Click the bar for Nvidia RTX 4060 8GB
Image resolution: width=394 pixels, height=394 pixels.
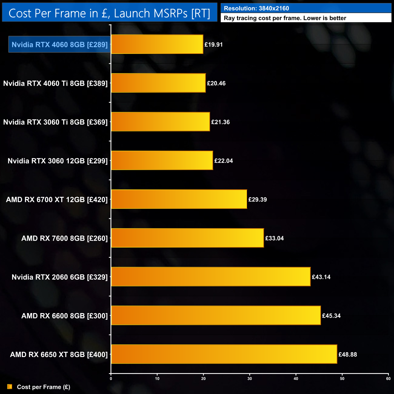157,44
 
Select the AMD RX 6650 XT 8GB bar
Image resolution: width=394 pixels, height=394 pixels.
224,354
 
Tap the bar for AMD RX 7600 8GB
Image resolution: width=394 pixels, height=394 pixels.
187,238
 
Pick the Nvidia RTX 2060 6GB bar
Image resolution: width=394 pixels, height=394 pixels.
211,277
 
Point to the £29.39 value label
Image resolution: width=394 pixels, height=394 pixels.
258,199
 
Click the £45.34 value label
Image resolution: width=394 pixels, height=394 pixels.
331,316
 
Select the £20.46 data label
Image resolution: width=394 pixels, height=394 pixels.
216,83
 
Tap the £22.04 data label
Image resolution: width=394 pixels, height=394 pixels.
224,161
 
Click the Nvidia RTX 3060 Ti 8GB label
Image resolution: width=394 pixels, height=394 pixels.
55,122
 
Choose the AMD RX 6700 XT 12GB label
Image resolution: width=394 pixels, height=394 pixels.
57,199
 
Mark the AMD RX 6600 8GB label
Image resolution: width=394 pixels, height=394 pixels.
65,316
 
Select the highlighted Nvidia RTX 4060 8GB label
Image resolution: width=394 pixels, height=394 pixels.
59,45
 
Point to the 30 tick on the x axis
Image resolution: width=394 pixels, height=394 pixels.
250,379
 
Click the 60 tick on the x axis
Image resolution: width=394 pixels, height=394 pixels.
388,379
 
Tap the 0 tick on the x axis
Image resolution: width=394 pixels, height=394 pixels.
111,379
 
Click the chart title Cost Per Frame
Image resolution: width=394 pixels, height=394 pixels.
109,13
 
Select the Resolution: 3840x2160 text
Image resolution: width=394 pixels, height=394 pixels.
256,8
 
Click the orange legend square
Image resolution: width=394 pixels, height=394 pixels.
10,387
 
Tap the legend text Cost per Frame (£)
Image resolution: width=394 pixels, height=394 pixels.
44,387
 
